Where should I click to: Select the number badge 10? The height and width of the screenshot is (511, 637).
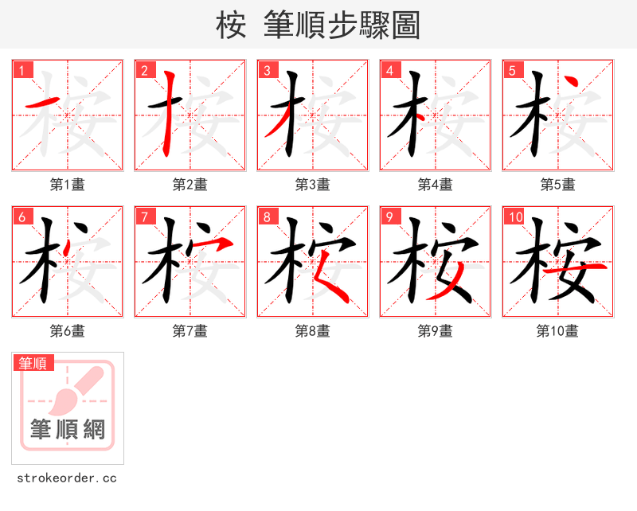(515, 216)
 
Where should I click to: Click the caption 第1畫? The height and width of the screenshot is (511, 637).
(67, 184)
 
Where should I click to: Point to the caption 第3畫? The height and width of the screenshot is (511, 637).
(312, 184)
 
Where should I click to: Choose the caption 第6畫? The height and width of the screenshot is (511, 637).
(67, 330)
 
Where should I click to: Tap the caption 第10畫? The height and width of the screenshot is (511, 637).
(557, 330)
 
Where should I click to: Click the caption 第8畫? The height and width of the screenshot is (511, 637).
(312, 330)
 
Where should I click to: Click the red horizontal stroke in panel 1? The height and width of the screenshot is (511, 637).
(44, 103)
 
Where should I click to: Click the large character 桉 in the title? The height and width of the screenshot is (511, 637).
(232, 25)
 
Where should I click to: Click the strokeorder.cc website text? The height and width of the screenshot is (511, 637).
(67, 478)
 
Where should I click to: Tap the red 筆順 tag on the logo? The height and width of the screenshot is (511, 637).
(34, 363)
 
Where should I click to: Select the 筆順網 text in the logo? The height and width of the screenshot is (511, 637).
(68, 430)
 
